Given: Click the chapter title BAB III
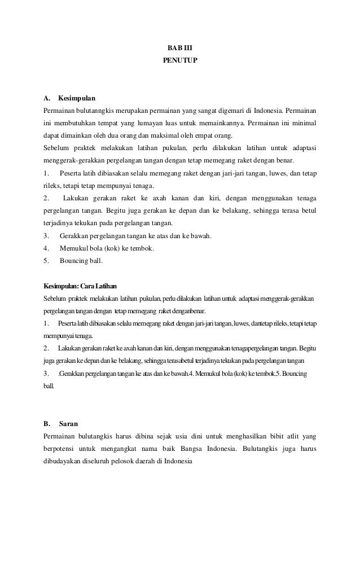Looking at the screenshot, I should point(179,47).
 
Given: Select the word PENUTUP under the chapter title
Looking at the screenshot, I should point(179,59).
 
